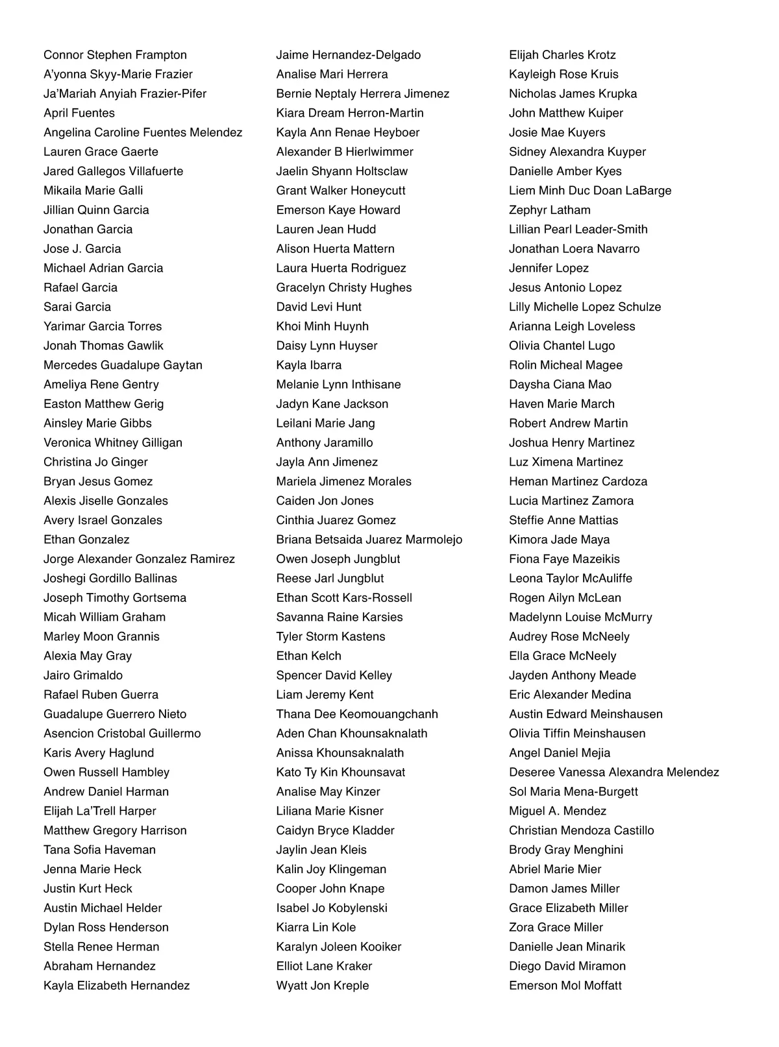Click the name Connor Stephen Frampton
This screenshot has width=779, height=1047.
coord(115,55)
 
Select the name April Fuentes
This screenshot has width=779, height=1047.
coord(79,113)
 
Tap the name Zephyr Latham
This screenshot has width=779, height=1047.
coord(549,210)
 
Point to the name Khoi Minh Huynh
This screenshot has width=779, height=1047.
coord(322,326)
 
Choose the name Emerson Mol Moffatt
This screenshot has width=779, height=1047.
coord(565,985)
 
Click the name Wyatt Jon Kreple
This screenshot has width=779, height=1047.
coord(322,985)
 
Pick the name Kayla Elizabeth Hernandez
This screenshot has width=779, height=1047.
coord(116,985)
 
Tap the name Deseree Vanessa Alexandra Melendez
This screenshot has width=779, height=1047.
coord(613,772)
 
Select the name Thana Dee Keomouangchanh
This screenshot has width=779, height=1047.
coord(356,714)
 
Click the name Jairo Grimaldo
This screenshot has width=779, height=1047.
coord(83,675)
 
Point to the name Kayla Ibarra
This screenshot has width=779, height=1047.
coord(308,365)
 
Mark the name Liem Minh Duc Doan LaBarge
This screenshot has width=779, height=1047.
coord(589,191)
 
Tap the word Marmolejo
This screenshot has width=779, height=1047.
coord(434,540)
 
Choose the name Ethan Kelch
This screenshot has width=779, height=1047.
coord(308,656)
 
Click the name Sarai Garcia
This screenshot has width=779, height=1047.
coord(77,307)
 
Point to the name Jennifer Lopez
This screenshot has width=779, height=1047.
coord(549,268)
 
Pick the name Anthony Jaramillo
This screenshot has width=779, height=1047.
coord(324,442)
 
